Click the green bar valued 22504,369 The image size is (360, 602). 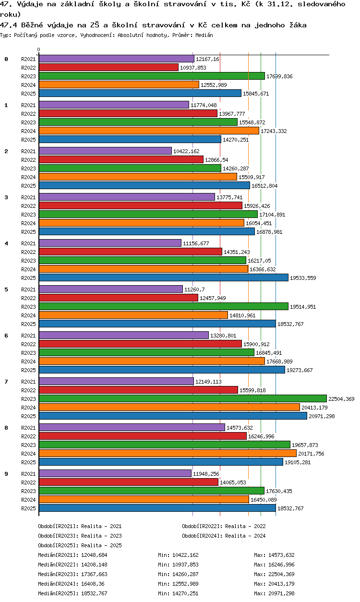183,398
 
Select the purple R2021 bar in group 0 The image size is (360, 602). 117,59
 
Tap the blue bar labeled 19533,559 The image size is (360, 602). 164,277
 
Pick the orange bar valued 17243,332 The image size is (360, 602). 149,131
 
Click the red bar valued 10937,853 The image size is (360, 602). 109,68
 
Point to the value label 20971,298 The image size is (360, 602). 322,416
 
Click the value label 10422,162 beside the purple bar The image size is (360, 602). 186,151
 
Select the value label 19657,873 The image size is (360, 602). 305,445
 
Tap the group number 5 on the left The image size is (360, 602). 6,289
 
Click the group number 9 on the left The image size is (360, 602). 6,474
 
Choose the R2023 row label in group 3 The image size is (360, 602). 28,215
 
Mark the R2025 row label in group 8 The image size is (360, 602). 28,462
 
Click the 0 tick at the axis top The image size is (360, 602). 39,49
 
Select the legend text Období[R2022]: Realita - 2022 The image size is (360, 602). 224,526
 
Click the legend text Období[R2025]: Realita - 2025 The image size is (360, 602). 80,545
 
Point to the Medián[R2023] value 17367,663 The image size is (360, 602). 94,574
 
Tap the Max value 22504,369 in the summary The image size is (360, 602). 281,574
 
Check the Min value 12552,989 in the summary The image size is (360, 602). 185,584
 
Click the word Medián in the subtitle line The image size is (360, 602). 204,35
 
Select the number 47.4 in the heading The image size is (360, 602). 8,25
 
